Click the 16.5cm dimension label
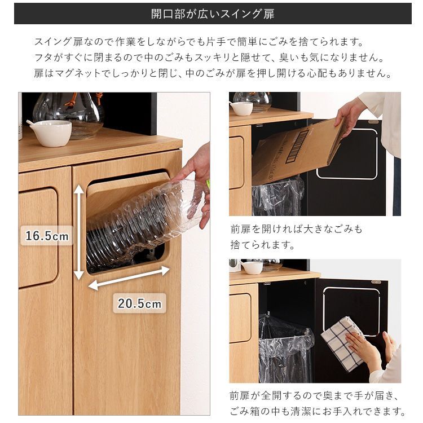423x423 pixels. tap(47, 235)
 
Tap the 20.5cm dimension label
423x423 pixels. tap(139, 303)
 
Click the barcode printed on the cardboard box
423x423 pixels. tap(301, 146)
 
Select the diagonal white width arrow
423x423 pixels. tap(129, 278)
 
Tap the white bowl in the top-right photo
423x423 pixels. tap(241, 108)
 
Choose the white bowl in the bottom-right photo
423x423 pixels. tap(252, 267)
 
